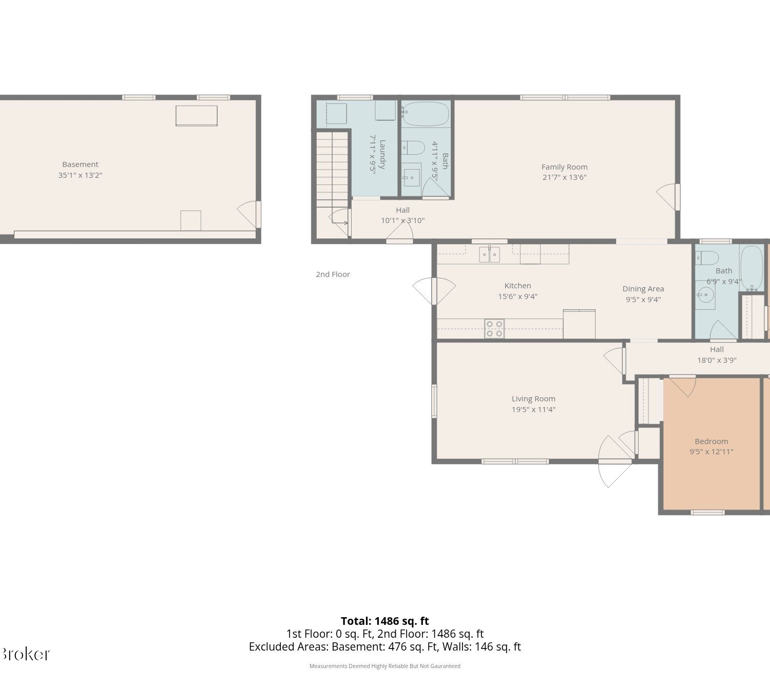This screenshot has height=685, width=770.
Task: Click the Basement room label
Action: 80,164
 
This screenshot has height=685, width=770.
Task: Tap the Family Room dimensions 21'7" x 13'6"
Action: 564,177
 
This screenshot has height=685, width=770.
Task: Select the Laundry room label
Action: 383,155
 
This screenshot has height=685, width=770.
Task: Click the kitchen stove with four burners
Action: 494,329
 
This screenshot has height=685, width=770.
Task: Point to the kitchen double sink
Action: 489,254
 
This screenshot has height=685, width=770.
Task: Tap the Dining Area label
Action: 643,289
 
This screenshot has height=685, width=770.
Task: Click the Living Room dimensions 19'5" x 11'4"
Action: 533,410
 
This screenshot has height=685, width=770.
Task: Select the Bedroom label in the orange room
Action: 711,441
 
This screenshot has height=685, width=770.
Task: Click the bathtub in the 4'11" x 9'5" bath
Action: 426,114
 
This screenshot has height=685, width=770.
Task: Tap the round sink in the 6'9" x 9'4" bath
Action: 705,295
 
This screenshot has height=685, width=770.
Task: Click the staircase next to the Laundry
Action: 332,170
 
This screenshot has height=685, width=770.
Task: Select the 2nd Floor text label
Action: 333,274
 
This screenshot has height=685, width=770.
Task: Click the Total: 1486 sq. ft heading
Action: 384,621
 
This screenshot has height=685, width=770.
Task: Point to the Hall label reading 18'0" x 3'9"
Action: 717,355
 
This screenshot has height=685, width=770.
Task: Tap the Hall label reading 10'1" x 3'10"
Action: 402,215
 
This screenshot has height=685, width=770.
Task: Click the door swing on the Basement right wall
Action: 248,214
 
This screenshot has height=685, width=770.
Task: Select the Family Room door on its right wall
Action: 667,197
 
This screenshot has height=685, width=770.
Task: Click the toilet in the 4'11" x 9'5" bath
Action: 413,147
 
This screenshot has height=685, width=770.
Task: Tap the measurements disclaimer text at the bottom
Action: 384,666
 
